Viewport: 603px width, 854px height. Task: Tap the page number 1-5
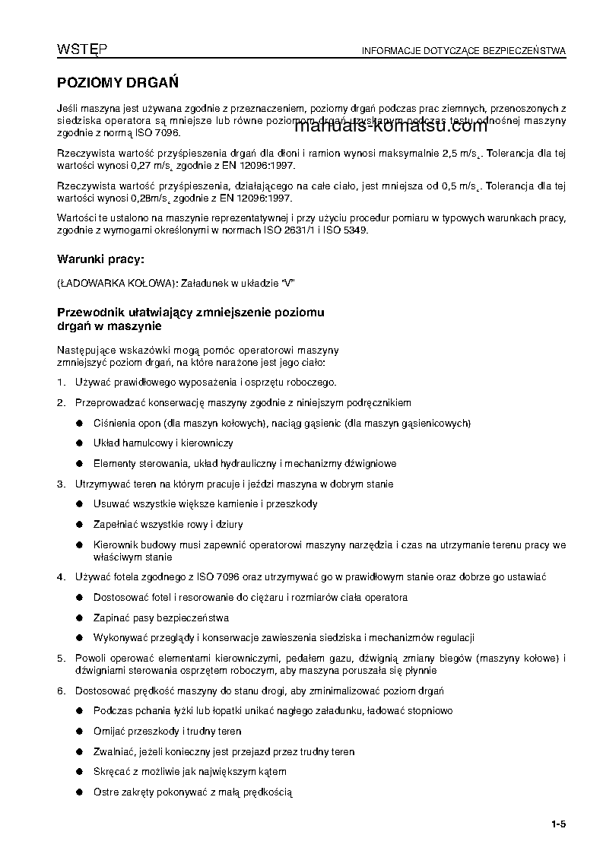click(x=559, y=824)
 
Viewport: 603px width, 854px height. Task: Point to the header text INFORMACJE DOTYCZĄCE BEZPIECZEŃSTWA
click(x=464, y=52)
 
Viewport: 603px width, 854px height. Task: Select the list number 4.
click(x=61, y=577)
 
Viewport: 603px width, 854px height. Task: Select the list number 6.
click(x=61, y=691)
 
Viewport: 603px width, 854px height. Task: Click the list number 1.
click(x=61, y=383)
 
